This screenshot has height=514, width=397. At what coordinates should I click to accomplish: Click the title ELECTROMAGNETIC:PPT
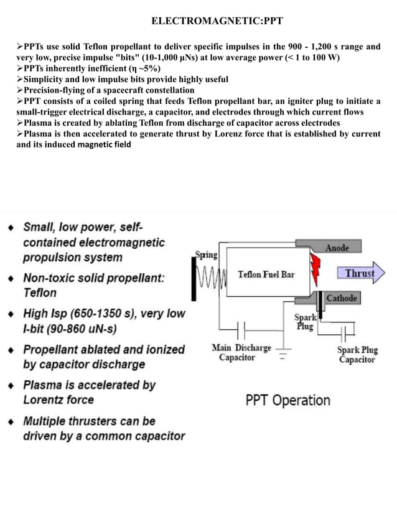point(217,21)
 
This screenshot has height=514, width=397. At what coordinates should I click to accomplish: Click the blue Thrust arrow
point(362,273)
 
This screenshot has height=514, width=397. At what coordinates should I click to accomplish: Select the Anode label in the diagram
point(337,248)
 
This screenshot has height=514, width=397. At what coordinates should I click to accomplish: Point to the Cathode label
point(342,298)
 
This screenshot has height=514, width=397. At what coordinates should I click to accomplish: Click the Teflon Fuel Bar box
point(266,274)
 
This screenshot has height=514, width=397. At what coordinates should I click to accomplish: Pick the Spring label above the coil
point(207,255)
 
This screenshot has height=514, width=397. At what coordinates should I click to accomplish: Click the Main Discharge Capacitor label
point(241,352)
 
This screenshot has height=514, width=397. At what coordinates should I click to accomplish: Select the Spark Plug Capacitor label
point(357,355)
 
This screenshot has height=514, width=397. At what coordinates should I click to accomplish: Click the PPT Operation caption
point(287,400)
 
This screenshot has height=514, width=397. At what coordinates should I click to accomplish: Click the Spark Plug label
point(305,321)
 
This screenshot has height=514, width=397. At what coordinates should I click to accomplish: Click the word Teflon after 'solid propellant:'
point(40,292)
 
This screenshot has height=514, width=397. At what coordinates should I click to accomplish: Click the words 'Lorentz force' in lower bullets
point(58,400)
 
